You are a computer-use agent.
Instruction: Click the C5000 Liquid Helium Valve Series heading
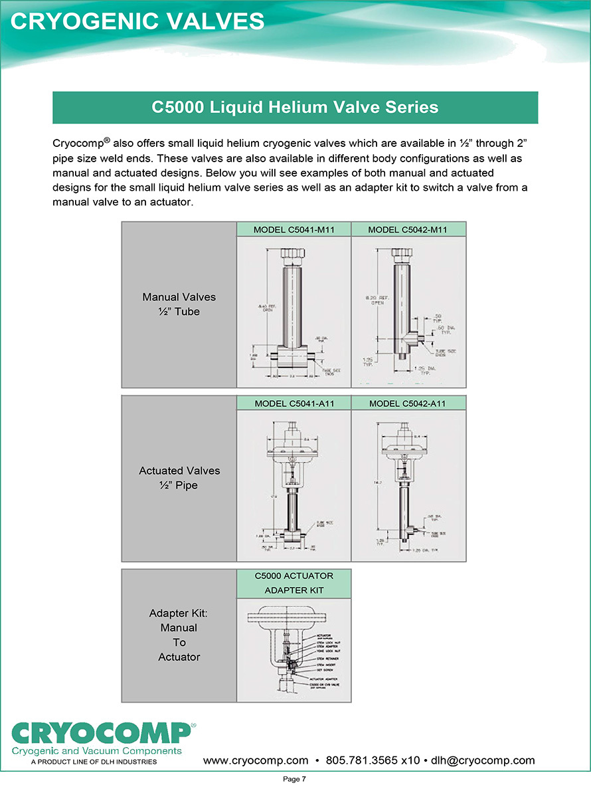tap(295, 108)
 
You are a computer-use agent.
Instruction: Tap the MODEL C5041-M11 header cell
tap(294, 230)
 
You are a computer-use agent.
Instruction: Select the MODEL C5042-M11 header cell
tap(408, 230)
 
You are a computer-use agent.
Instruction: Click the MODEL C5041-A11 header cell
tap(294, 403)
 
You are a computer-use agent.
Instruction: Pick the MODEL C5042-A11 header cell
tap(408, 403)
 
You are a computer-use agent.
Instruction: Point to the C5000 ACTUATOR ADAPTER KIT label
tap(294, 583)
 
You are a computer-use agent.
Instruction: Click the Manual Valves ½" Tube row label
tap(179, 304)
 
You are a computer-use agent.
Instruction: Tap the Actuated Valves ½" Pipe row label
tap(179, 478)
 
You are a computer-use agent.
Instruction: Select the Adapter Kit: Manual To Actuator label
tap(179, 635)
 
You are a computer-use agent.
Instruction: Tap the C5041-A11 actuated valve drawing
tap(294, 485)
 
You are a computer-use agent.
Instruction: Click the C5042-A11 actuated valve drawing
tap(408, 485)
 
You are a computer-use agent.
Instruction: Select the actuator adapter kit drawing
tap(294, 649)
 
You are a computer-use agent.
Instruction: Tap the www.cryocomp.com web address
tap(256, 760)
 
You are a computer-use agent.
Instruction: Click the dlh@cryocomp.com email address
tap(483, 760)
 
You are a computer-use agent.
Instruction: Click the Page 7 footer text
tap(295, 778)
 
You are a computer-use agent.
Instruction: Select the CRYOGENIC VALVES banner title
tap(138, 21)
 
